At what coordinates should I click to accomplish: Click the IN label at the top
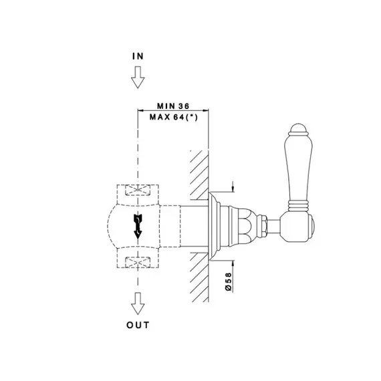pos(138,56)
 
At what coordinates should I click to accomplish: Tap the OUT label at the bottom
pos(138,325)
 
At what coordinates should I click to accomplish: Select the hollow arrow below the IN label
pos(138,78)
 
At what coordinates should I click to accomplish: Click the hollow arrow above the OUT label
pos(138,303)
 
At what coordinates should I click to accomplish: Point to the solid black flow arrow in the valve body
pos(138,227)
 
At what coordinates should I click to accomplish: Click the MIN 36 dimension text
pos(173,106)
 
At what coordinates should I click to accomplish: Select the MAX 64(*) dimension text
pos(174,118)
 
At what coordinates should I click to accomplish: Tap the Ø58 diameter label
pos(229,281)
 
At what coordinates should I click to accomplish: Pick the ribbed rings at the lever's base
pos(298,205)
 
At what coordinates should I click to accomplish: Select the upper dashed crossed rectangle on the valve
pos(138,190)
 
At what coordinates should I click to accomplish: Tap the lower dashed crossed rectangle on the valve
pos(138,263)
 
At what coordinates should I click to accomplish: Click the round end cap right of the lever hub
pos(313,227)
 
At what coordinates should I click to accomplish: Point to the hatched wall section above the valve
pos(199,175)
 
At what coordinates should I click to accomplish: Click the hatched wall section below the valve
pos(199,277)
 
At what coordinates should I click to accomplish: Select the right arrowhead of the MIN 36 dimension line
pos(206,110)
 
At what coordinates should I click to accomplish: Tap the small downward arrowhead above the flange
pos(233,188)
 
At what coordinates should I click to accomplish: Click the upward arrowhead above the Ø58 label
pos(233,263)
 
